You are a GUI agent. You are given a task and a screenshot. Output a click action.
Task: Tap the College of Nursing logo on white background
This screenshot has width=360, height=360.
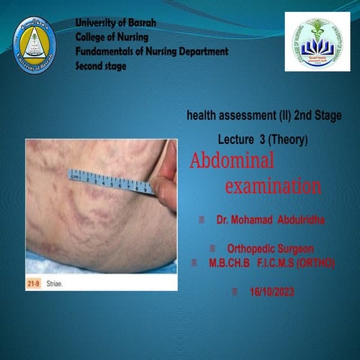317,42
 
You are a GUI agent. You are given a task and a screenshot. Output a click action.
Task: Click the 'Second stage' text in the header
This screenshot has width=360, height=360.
101,66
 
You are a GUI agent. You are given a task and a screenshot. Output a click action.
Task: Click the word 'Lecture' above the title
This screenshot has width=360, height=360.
235,139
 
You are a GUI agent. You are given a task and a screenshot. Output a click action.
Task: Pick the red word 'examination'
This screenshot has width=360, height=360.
273,185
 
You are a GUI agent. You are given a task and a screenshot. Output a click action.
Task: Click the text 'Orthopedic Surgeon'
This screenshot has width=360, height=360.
271,248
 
